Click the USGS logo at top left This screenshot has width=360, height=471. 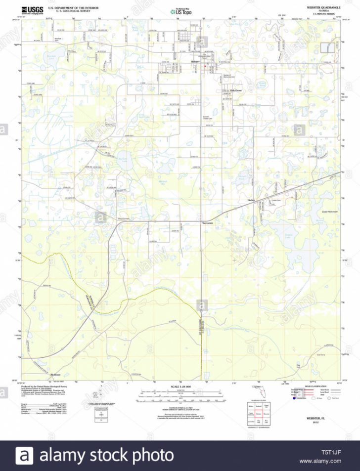tap(32, 9)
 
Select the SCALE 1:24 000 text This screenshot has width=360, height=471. tap(180, 385)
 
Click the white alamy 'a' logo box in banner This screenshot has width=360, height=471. tap(24, 455)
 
